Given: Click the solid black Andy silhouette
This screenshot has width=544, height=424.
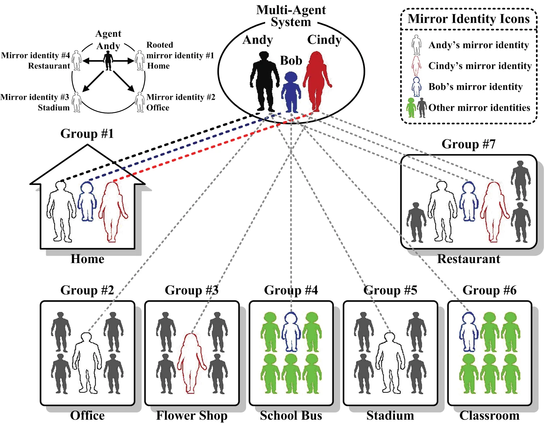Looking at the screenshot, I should coord(263,81).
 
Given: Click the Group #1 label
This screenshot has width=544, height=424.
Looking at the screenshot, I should coord(87,134).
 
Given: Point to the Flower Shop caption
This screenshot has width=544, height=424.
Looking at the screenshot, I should coord(192,416).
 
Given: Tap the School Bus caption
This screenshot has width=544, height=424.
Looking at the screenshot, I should coord(291,416).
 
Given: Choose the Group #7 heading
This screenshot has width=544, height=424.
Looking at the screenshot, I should coord(468,144).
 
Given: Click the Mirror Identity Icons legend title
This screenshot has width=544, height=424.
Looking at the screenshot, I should coord(469,19).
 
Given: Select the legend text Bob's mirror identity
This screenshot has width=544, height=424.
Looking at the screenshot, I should coord(475,87).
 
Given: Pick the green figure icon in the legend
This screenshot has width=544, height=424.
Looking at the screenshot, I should coord(411,108).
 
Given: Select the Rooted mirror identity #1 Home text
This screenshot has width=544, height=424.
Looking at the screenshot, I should coord(180,55).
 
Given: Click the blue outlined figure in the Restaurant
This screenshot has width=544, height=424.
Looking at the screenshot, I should coord(469,202).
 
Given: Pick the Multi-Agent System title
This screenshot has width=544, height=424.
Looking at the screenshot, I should coord(291,16).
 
